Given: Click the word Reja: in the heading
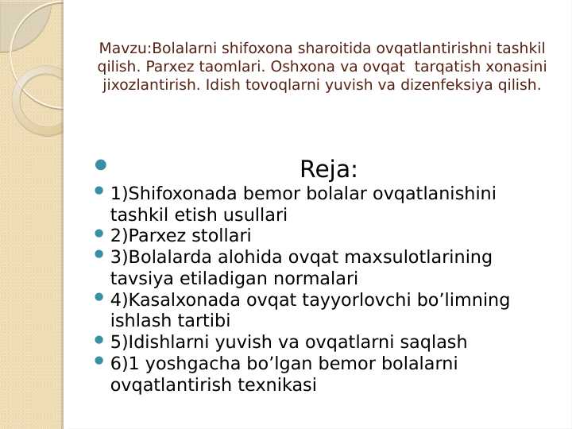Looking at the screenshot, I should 329,169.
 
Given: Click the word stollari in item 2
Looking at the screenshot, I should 219,236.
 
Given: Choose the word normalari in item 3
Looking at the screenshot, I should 318,279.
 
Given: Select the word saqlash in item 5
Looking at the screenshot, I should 436,343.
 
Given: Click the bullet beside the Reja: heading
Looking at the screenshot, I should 99,165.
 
